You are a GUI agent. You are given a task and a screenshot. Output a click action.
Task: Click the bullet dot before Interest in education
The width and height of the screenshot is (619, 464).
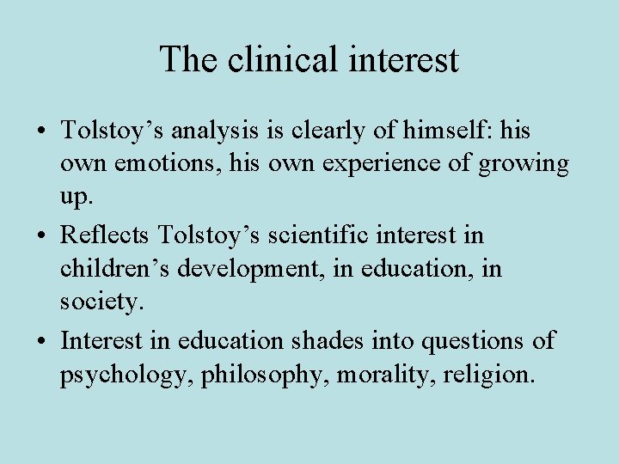(41, 342)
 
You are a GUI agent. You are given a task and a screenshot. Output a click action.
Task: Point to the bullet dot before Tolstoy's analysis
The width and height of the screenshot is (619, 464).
(41, 132)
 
